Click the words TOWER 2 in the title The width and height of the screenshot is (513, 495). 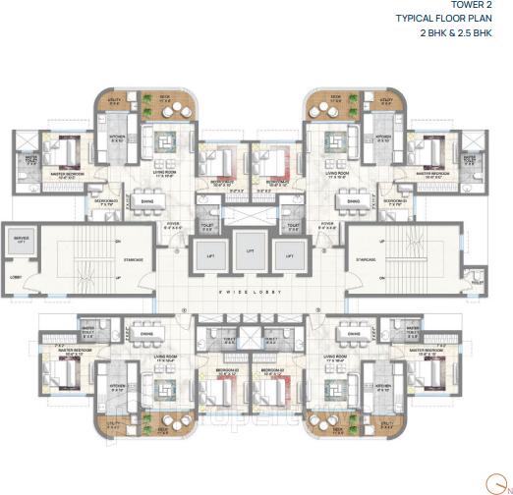click(484, 8)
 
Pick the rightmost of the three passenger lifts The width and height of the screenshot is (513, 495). click(288, 258)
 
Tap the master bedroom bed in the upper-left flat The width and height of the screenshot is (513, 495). click(53, 149)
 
